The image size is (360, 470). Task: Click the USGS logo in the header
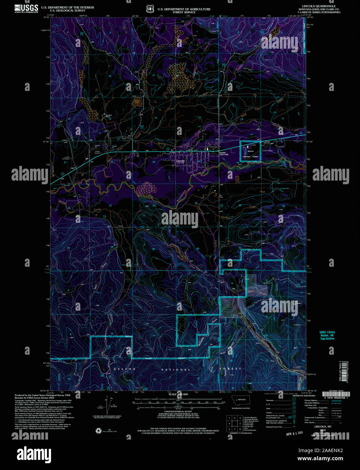(26, 8)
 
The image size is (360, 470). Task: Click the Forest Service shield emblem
(150, 9)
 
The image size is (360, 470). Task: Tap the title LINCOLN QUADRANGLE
(321, 6)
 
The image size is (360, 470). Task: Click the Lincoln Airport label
(267, 150)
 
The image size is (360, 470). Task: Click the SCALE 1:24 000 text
(178, 395)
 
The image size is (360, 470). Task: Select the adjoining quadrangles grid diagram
(234, 423)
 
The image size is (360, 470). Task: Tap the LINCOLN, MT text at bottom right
(324, 427)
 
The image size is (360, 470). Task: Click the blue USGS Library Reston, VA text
(327, 335)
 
